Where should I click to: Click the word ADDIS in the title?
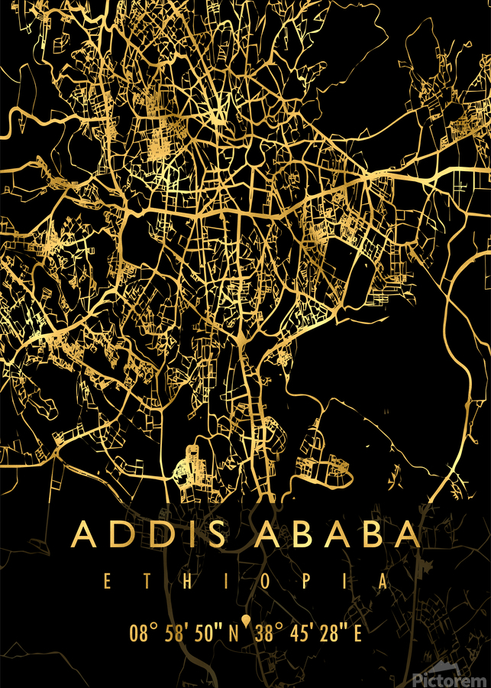[x=149, y=534]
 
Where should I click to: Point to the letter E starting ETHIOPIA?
[x=107, y=581]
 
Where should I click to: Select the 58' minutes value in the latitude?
[x=175, y=634]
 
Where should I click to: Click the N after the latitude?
[x=234, y=634]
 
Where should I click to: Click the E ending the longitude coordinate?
[x=357, y=634]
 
